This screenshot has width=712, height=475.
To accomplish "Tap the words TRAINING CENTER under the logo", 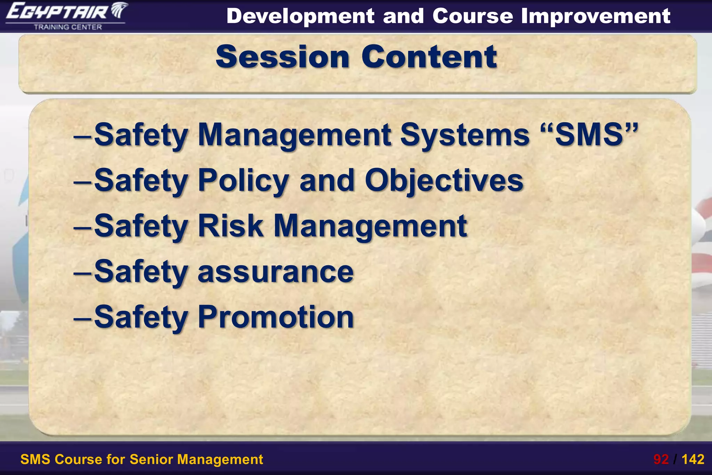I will pyautogui.click(x=68, y=27).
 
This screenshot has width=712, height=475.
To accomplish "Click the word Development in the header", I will pyautogui.click(x=300, y=16).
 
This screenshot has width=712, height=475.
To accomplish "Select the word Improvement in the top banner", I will pyautogui.click(x=596, y=16).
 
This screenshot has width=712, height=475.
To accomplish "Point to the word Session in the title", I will pyautogui.click(x=282, y=57).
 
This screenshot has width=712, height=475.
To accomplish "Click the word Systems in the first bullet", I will pyautogui.click(x=464, y=135).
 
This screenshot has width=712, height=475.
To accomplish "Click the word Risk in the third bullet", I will pyautogui.click(x=230, y=226).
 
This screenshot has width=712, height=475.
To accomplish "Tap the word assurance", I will pyautogui.click(x=275, y=272).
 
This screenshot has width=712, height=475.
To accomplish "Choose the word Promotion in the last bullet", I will pyautogui.click(x=276, y=317).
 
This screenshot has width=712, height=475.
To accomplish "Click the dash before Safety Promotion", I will pyautogui.click(x=82, y=317).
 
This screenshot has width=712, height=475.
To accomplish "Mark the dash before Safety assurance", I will pyautogui.click(x=82, y=272).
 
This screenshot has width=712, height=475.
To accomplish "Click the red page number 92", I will pyautogui.click(x=661, y=459).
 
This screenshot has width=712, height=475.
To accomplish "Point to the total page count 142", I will pyautogui.click(x=693, y=459).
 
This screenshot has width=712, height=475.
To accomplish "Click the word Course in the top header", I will pyautogui.click(x=472, y=16).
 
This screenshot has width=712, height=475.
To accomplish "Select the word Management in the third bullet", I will pyautogui.click(x=370, y=226).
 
